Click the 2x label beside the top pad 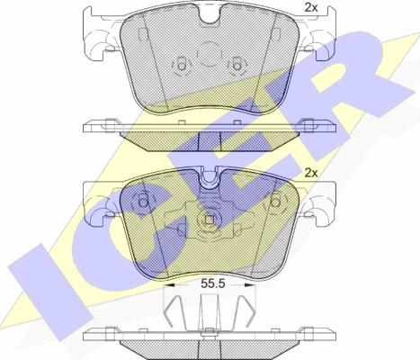coord(311,9)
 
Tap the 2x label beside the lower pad coord(311,172)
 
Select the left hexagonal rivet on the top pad coord(181,66)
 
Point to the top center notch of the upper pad coord(210,18)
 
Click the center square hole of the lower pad coord(210,220)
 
